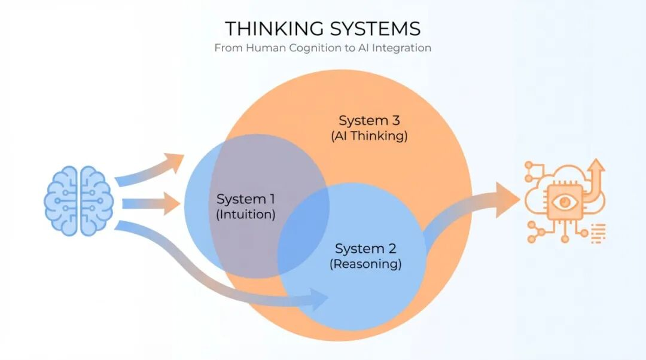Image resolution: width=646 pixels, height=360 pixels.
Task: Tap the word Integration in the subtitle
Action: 401,48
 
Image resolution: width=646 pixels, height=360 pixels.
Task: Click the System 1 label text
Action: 245,199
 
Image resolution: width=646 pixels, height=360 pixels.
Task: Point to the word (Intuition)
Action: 245,215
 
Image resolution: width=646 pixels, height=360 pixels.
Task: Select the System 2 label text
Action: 365,248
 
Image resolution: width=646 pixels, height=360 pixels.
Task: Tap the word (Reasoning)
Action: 365,264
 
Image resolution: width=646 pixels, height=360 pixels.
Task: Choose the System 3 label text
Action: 369,120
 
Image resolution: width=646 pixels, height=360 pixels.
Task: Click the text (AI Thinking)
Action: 369,136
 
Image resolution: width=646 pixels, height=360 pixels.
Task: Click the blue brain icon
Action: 79,200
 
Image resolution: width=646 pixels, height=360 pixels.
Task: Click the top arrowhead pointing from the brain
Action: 175,161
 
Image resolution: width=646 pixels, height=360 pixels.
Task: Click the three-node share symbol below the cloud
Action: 544,233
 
